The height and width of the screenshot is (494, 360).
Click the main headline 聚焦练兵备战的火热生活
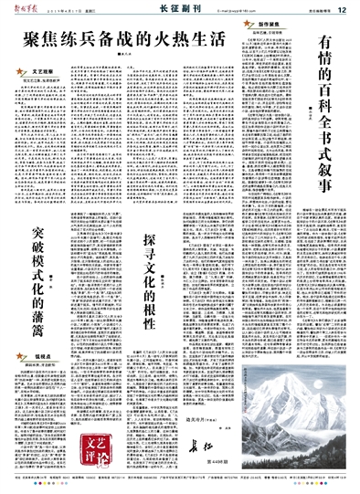[111, 40]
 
